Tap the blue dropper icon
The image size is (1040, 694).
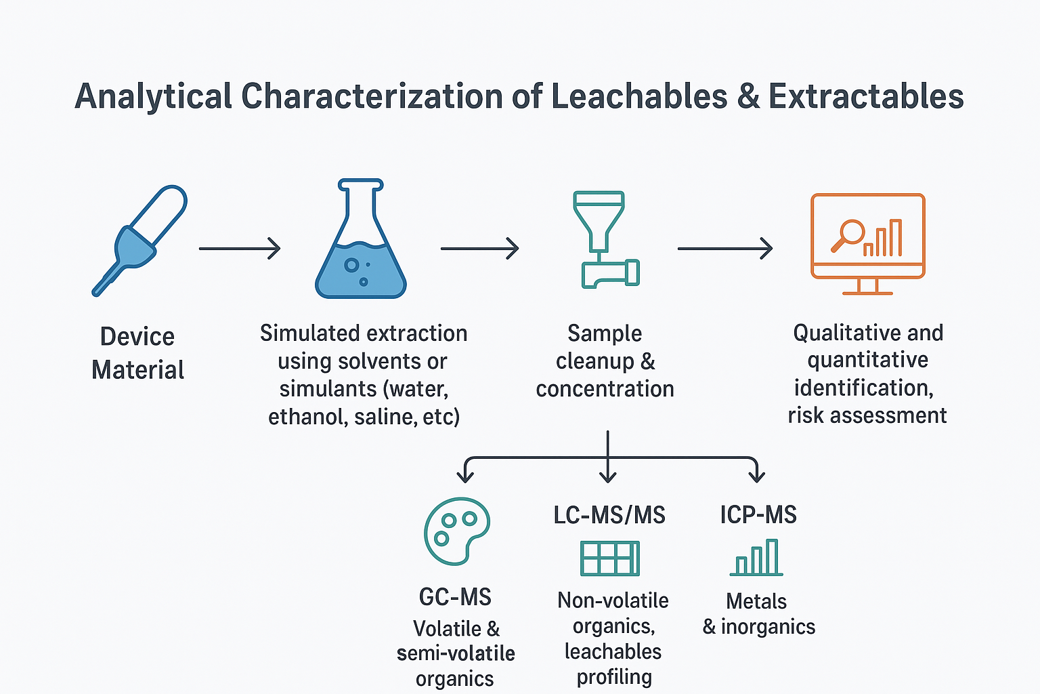coord(139,241)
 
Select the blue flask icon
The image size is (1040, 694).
coord(361,239)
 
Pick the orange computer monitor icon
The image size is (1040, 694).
coord(868,244)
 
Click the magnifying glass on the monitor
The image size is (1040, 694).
coord(848,235)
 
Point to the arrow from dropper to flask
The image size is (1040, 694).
coord(240,249)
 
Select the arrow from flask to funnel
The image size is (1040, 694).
coord(479,249)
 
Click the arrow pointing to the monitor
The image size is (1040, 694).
coord(725,249)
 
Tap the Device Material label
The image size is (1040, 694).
coord(137,353)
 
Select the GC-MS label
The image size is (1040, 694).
coord(455,597)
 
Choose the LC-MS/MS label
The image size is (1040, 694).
coord(609,515)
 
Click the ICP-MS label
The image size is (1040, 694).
coord(758,514)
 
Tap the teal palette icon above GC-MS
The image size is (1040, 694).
coord(457,531)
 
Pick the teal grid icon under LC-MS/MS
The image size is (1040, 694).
coord(609,558)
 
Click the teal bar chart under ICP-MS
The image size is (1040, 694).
coord(756,557)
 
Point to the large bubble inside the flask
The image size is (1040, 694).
coord(351,265)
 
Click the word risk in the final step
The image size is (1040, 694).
coord(806,415)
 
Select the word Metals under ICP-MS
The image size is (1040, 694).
coord(756,602)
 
